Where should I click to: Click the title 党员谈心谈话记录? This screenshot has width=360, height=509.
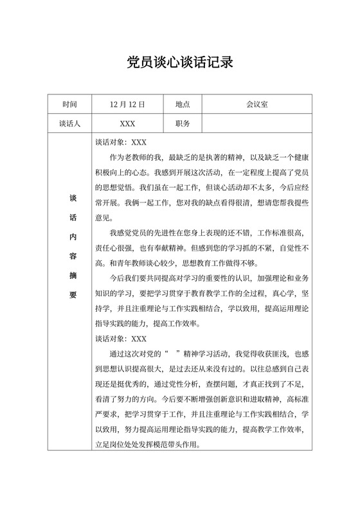coord(179,62)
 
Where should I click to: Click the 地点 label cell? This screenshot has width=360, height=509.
coord(183,104)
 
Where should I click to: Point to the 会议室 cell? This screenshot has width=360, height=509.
coord(257,104)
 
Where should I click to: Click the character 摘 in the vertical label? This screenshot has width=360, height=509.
coord(72,276)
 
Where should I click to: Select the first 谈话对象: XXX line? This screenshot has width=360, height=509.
coord(121,142)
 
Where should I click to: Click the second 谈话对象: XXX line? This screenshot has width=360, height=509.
coord(121,338)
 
